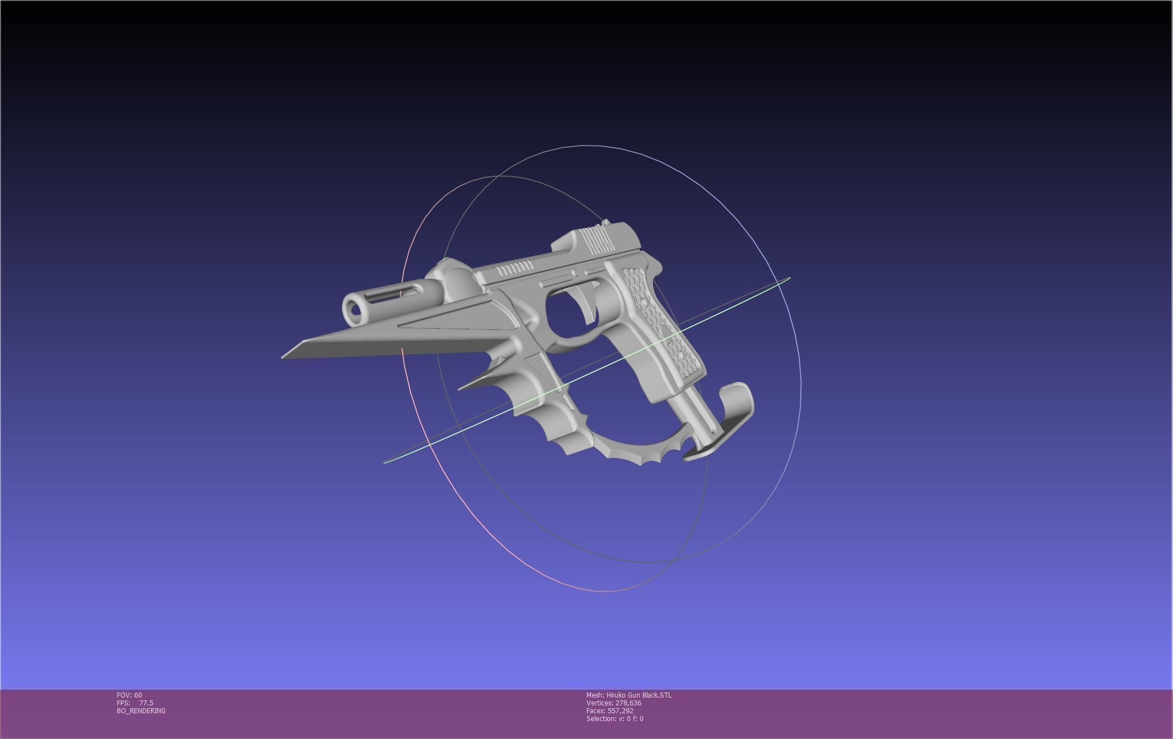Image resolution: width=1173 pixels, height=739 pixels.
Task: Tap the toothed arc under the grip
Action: pyautogui.click(x=638, y=451)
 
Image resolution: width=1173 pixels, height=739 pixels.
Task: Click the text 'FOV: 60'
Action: pyautogui.click(x=129, y=695)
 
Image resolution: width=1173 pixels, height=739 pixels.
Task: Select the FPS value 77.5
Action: pyautogui.click(x=146, y=703)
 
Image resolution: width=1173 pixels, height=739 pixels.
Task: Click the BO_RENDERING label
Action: pyautogui.click(x=141, y=710)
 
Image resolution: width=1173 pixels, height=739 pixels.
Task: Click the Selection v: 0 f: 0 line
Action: pyautogui.click(x=614, y=718)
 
